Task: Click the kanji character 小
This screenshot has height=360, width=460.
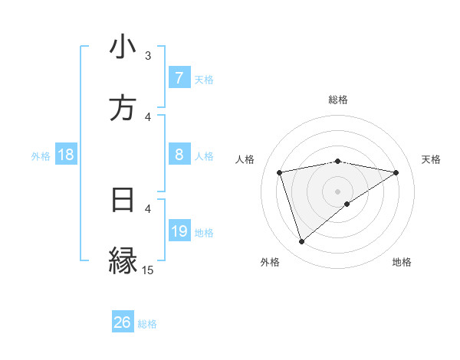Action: click(123, 48)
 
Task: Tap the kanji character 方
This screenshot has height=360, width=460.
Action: click(123, 109)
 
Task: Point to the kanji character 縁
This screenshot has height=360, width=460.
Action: click(123, 260)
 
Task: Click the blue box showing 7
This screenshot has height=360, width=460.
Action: click(179, 78)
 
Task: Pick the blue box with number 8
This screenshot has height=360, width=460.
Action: click(179, 155)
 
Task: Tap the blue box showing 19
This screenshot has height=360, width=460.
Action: click(179, 231)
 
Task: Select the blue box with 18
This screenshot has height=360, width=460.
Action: click(66, 155)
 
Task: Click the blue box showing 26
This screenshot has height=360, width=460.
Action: click(123, 322)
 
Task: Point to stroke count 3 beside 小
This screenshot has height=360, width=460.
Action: click(148, 56)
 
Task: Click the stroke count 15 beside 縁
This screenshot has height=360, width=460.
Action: click(148, 270)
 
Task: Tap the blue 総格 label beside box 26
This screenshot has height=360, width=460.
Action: click(148, 324)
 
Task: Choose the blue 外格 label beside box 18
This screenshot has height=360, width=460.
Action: click(41, 156)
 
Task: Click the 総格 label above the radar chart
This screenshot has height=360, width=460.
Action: click(338, 100)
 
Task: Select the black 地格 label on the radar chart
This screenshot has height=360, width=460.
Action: click(402, 263)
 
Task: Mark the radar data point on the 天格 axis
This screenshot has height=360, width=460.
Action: click(396, 172)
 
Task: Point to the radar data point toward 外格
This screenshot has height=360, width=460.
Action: click(301, 242)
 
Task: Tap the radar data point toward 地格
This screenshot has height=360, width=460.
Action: click(347, 204)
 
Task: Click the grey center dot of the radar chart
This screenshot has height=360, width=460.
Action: click(338, 191)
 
